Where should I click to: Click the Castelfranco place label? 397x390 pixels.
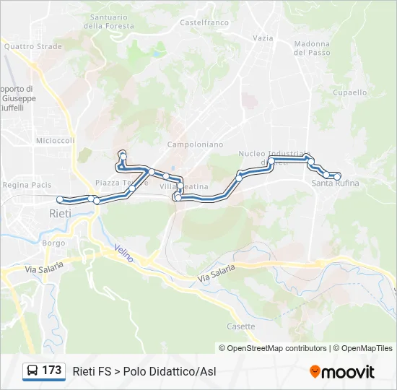click(204, 22)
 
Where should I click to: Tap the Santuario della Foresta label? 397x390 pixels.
click(109, 22)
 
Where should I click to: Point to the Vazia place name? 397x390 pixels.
click(263, 38)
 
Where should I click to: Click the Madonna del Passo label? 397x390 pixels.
click(312, 48)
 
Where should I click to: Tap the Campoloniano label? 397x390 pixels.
click(195, 144)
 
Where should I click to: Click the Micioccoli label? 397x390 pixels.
click(56, 141)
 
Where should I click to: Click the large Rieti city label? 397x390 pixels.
click(60, 214)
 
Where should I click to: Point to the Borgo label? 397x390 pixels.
click(54, 243)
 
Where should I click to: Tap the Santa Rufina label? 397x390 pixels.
click(335, 183)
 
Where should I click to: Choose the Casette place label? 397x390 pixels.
click(241, 326)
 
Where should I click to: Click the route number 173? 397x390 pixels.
click(51, 370)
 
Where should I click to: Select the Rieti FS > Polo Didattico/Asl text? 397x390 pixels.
click(144, 371)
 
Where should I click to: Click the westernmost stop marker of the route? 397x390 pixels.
click(60, 199)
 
